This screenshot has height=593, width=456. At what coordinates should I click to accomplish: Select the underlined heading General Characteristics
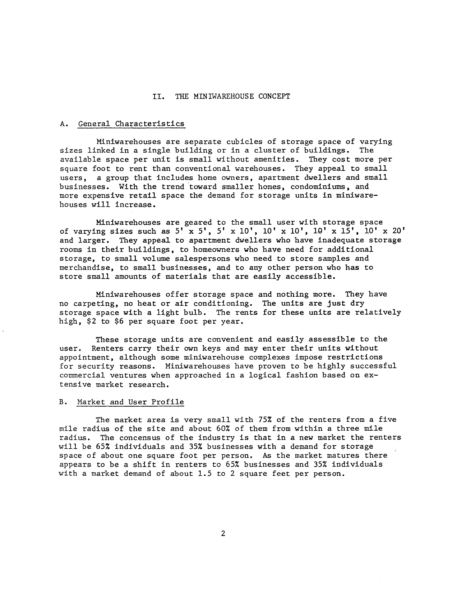point(131,124)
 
